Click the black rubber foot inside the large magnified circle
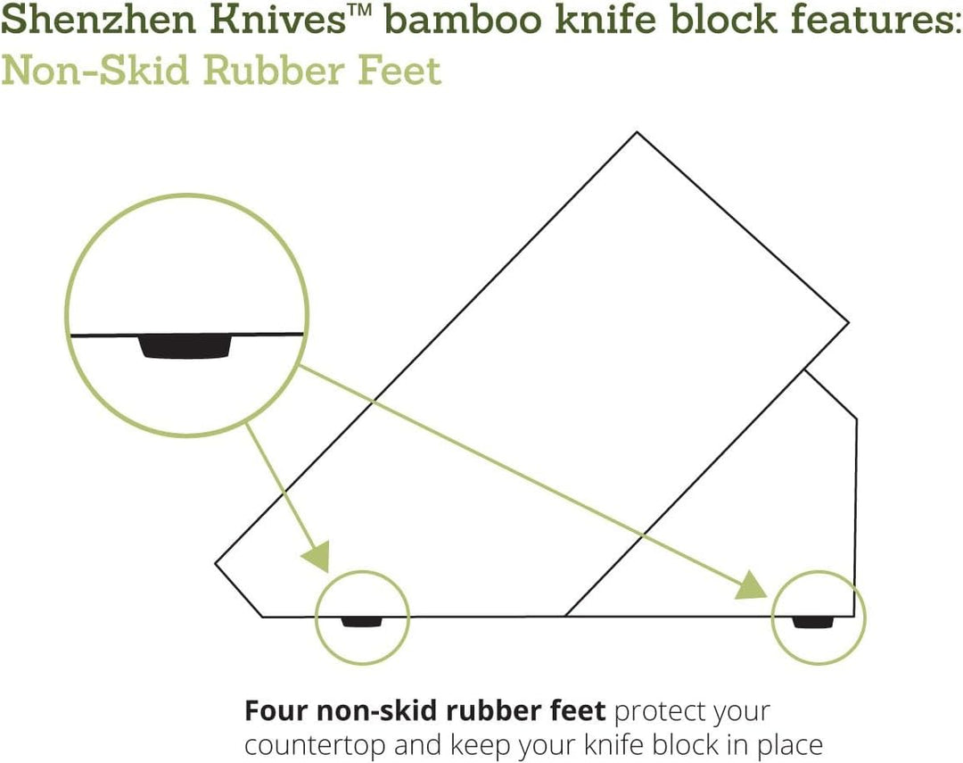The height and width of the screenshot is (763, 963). [185, 346]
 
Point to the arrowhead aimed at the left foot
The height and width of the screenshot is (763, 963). [317, 557]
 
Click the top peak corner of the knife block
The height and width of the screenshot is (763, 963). [637, 133]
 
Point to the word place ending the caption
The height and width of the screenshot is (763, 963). [784, 744]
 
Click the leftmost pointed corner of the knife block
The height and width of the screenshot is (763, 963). [217, 563]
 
